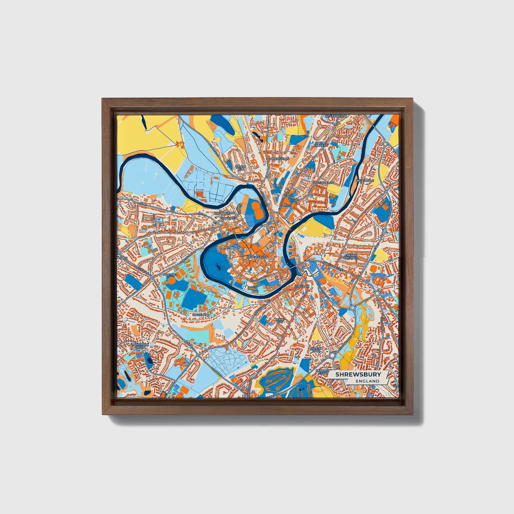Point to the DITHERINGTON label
(x=335, y=116)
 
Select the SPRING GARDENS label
(x=320, y=144)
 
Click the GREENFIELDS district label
(x=279, y=159)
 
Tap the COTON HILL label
(x=240, y=168)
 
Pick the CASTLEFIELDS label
(x=323, y=182)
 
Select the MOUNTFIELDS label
(x=225, y=213)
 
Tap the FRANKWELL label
(x=228, y=218)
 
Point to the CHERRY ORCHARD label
(x=351, y=256)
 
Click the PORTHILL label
(x=169, y=274)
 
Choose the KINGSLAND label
(x=201, y=315)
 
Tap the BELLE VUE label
(x=280, y=320)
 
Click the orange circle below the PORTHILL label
(x=171, y=281)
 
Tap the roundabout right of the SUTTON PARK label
(x=332, y=355)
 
